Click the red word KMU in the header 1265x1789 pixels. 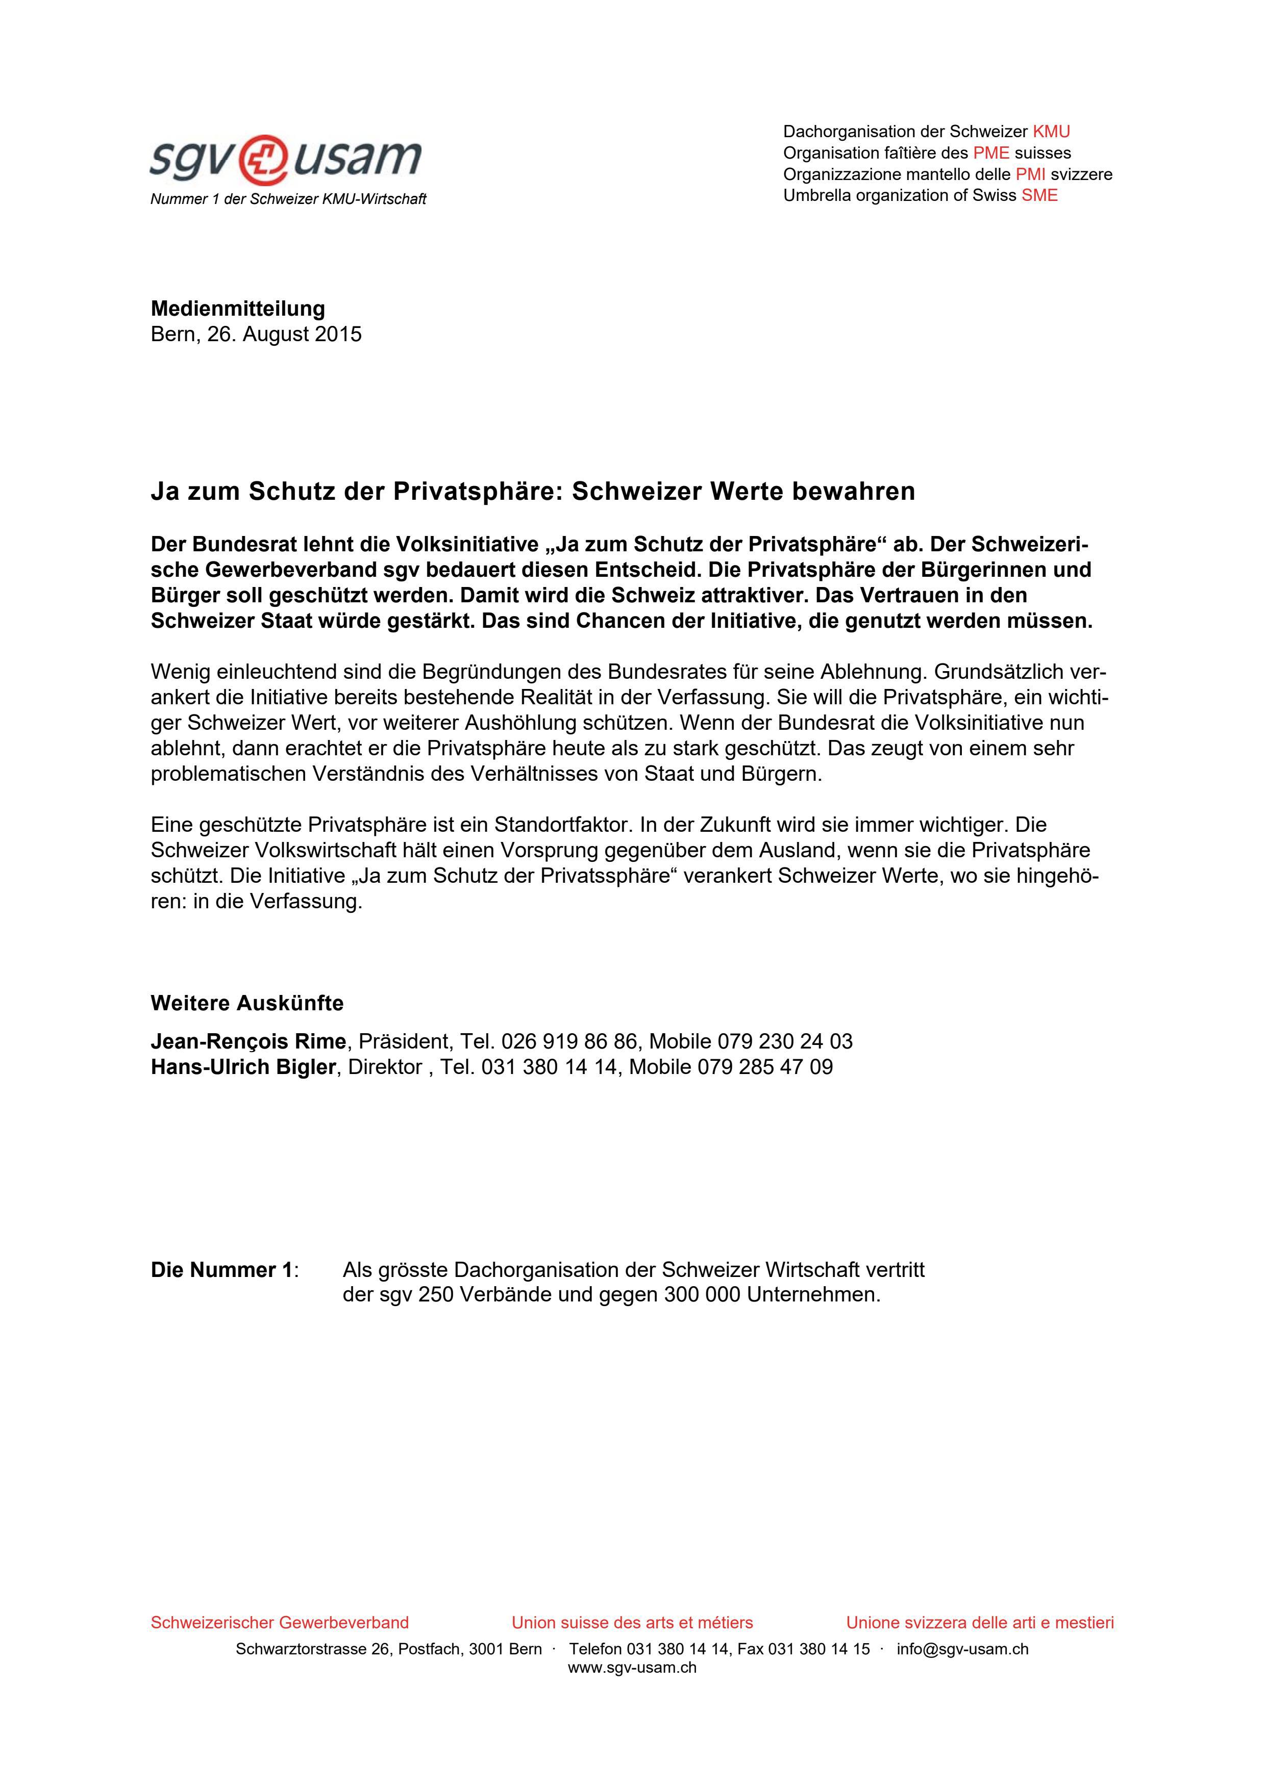click(x=1051, y=131)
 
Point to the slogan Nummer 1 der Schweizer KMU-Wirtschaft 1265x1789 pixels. click(x=288, y=199)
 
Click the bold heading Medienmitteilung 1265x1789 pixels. click(x=238, y=309)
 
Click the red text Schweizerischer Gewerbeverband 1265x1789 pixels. click(x=279, y=1622)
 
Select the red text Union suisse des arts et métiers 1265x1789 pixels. click(x=632, y=1622)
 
